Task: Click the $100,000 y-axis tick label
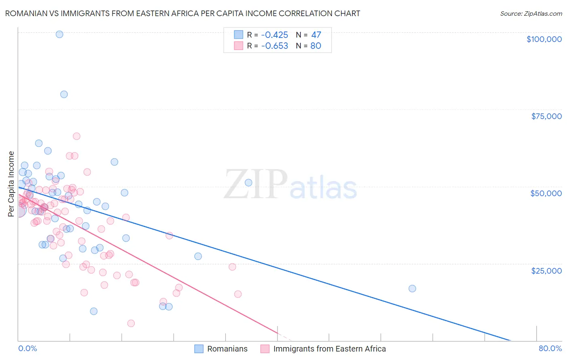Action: point(544,39)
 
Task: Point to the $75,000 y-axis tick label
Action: point(546,116)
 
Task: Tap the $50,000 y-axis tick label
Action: point(546,193)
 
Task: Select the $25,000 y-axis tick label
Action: point(546,270)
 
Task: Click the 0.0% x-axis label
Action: point(27,348)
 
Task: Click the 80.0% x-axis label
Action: point(550,348)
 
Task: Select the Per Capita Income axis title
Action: point(11,184)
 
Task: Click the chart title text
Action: point(183,13)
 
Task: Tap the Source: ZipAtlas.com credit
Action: point(531,13)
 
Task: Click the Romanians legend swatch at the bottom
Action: point(199,349)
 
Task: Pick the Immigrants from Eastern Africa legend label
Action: point(329,349)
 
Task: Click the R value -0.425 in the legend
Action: point(275,35)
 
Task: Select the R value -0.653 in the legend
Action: point(275,46)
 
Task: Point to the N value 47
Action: point(316,35)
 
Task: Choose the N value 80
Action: point(316,46)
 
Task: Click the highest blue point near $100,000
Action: point(59,34)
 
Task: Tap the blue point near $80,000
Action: point(64,94)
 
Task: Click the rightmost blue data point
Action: point(412,289)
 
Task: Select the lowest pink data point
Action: point(131,323)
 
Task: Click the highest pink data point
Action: point(77,136)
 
